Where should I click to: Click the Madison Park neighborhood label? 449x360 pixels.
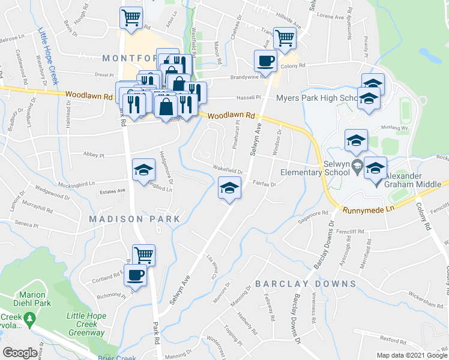click(x=134, y=219)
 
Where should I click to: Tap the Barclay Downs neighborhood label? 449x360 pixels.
click(x=306, y=283)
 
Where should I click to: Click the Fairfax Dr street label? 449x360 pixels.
click(x=264, y=184)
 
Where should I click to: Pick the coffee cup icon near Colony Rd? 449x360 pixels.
click(x=265, y=60)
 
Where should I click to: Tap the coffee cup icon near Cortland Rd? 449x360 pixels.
click(x=136, y=275)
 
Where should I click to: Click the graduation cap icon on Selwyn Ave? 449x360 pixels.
click(x=229, y=188)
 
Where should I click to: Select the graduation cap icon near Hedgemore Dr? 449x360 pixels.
click(x=143, y=170)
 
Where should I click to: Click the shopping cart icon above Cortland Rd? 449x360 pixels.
click(x=143, y=255)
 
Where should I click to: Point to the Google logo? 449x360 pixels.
click(x=19, y=353)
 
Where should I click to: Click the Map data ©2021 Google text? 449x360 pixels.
click(x=411, y=355)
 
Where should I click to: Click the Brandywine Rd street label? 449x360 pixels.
click(x=248, y=77)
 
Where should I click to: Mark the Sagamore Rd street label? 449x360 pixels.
click(x=317, y=214)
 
